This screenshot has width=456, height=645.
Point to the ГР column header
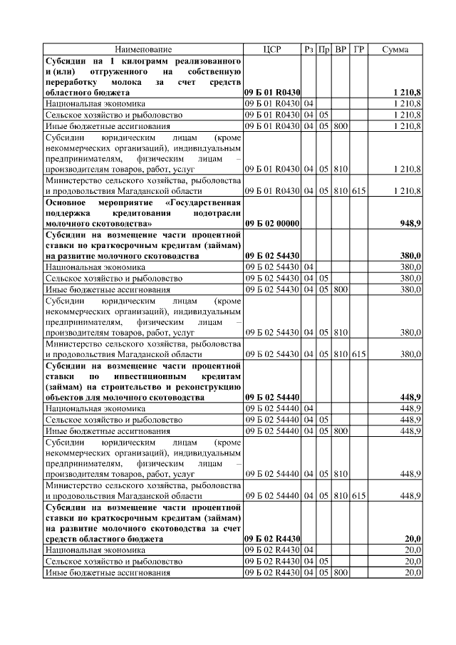pyautogui.click(x=358, y=50)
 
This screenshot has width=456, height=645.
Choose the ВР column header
pyautogui.click(x=341, y=50)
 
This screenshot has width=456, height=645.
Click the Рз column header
pyautogui.click(x=309, y=50)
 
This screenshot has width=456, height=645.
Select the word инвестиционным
pyautogui.click(x=147, y=376)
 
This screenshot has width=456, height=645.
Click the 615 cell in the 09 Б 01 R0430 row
pyautogui.click(x=358, y=191)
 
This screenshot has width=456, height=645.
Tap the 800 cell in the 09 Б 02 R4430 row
pyautogui.click(x=341, y=572)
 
